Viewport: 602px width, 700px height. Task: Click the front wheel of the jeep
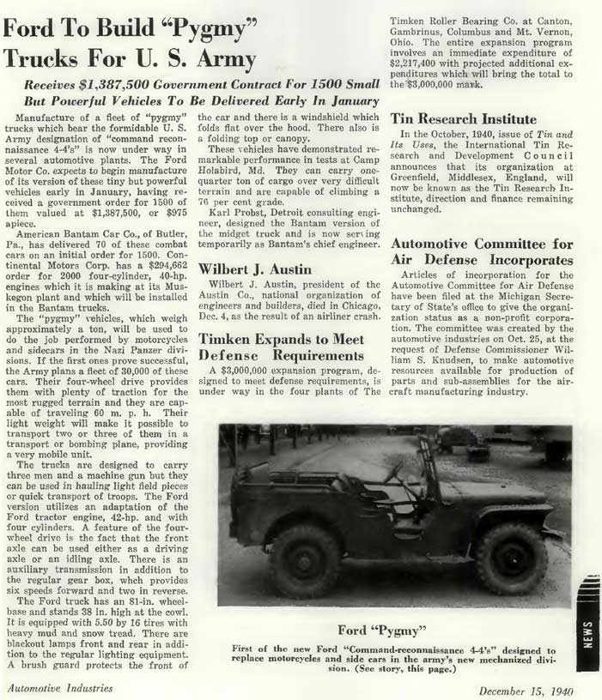point(511,558)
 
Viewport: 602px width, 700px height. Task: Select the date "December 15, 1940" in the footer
point(526,689)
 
